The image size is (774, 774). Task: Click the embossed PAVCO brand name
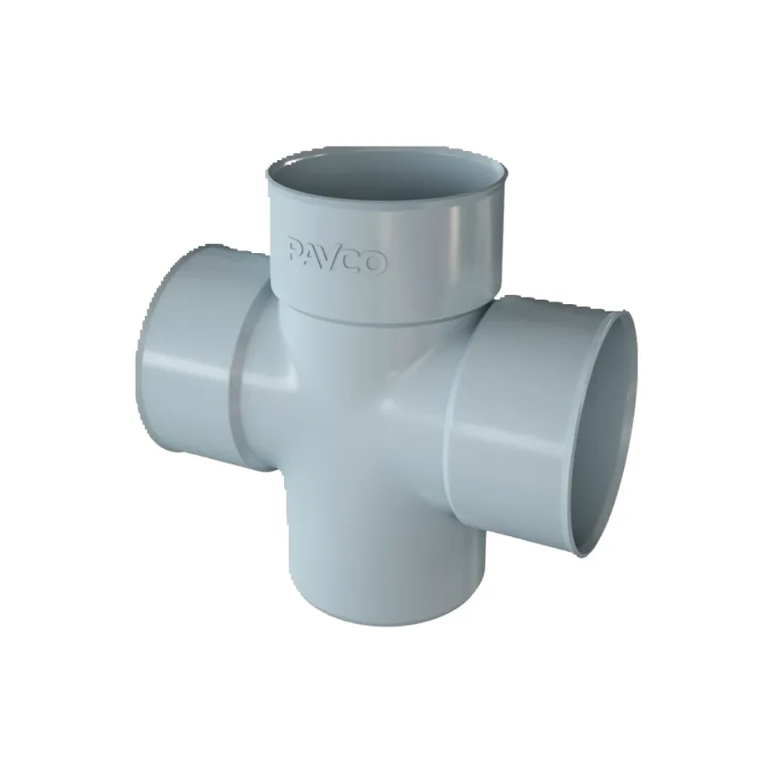click(338, 256)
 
